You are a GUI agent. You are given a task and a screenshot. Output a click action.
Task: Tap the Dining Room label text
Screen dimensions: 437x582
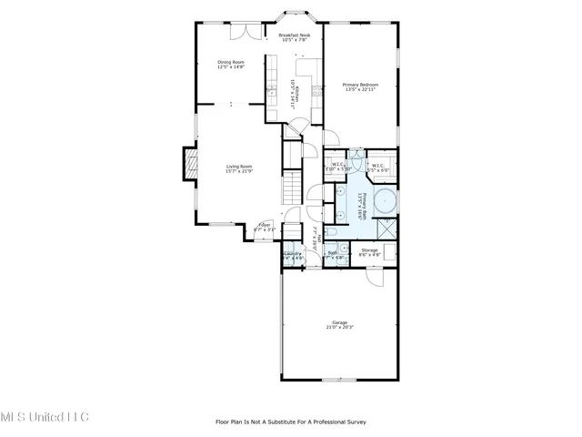coord(231,62)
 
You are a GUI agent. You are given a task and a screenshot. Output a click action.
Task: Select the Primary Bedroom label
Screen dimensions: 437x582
coord(360,85)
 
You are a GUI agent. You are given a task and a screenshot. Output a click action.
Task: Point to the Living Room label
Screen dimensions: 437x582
coord(239,167)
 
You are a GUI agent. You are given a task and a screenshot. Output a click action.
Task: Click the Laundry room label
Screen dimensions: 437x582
coord(292,254)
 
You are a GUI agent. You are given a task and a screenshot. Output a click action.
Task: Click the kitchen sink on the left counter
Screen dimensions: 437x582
coord(270,92)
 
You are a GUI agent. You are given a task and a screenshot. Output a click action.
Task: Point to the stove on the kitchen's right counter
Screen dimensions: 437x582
coord(316,89)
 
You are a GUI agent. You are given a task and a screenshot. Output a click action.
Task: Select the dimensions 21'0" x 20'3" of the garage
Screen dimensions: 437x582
coord(339,327)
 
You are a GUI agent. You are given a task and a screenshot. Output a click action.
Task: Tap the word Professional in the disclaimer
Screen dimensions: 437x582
coord(329,422)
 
